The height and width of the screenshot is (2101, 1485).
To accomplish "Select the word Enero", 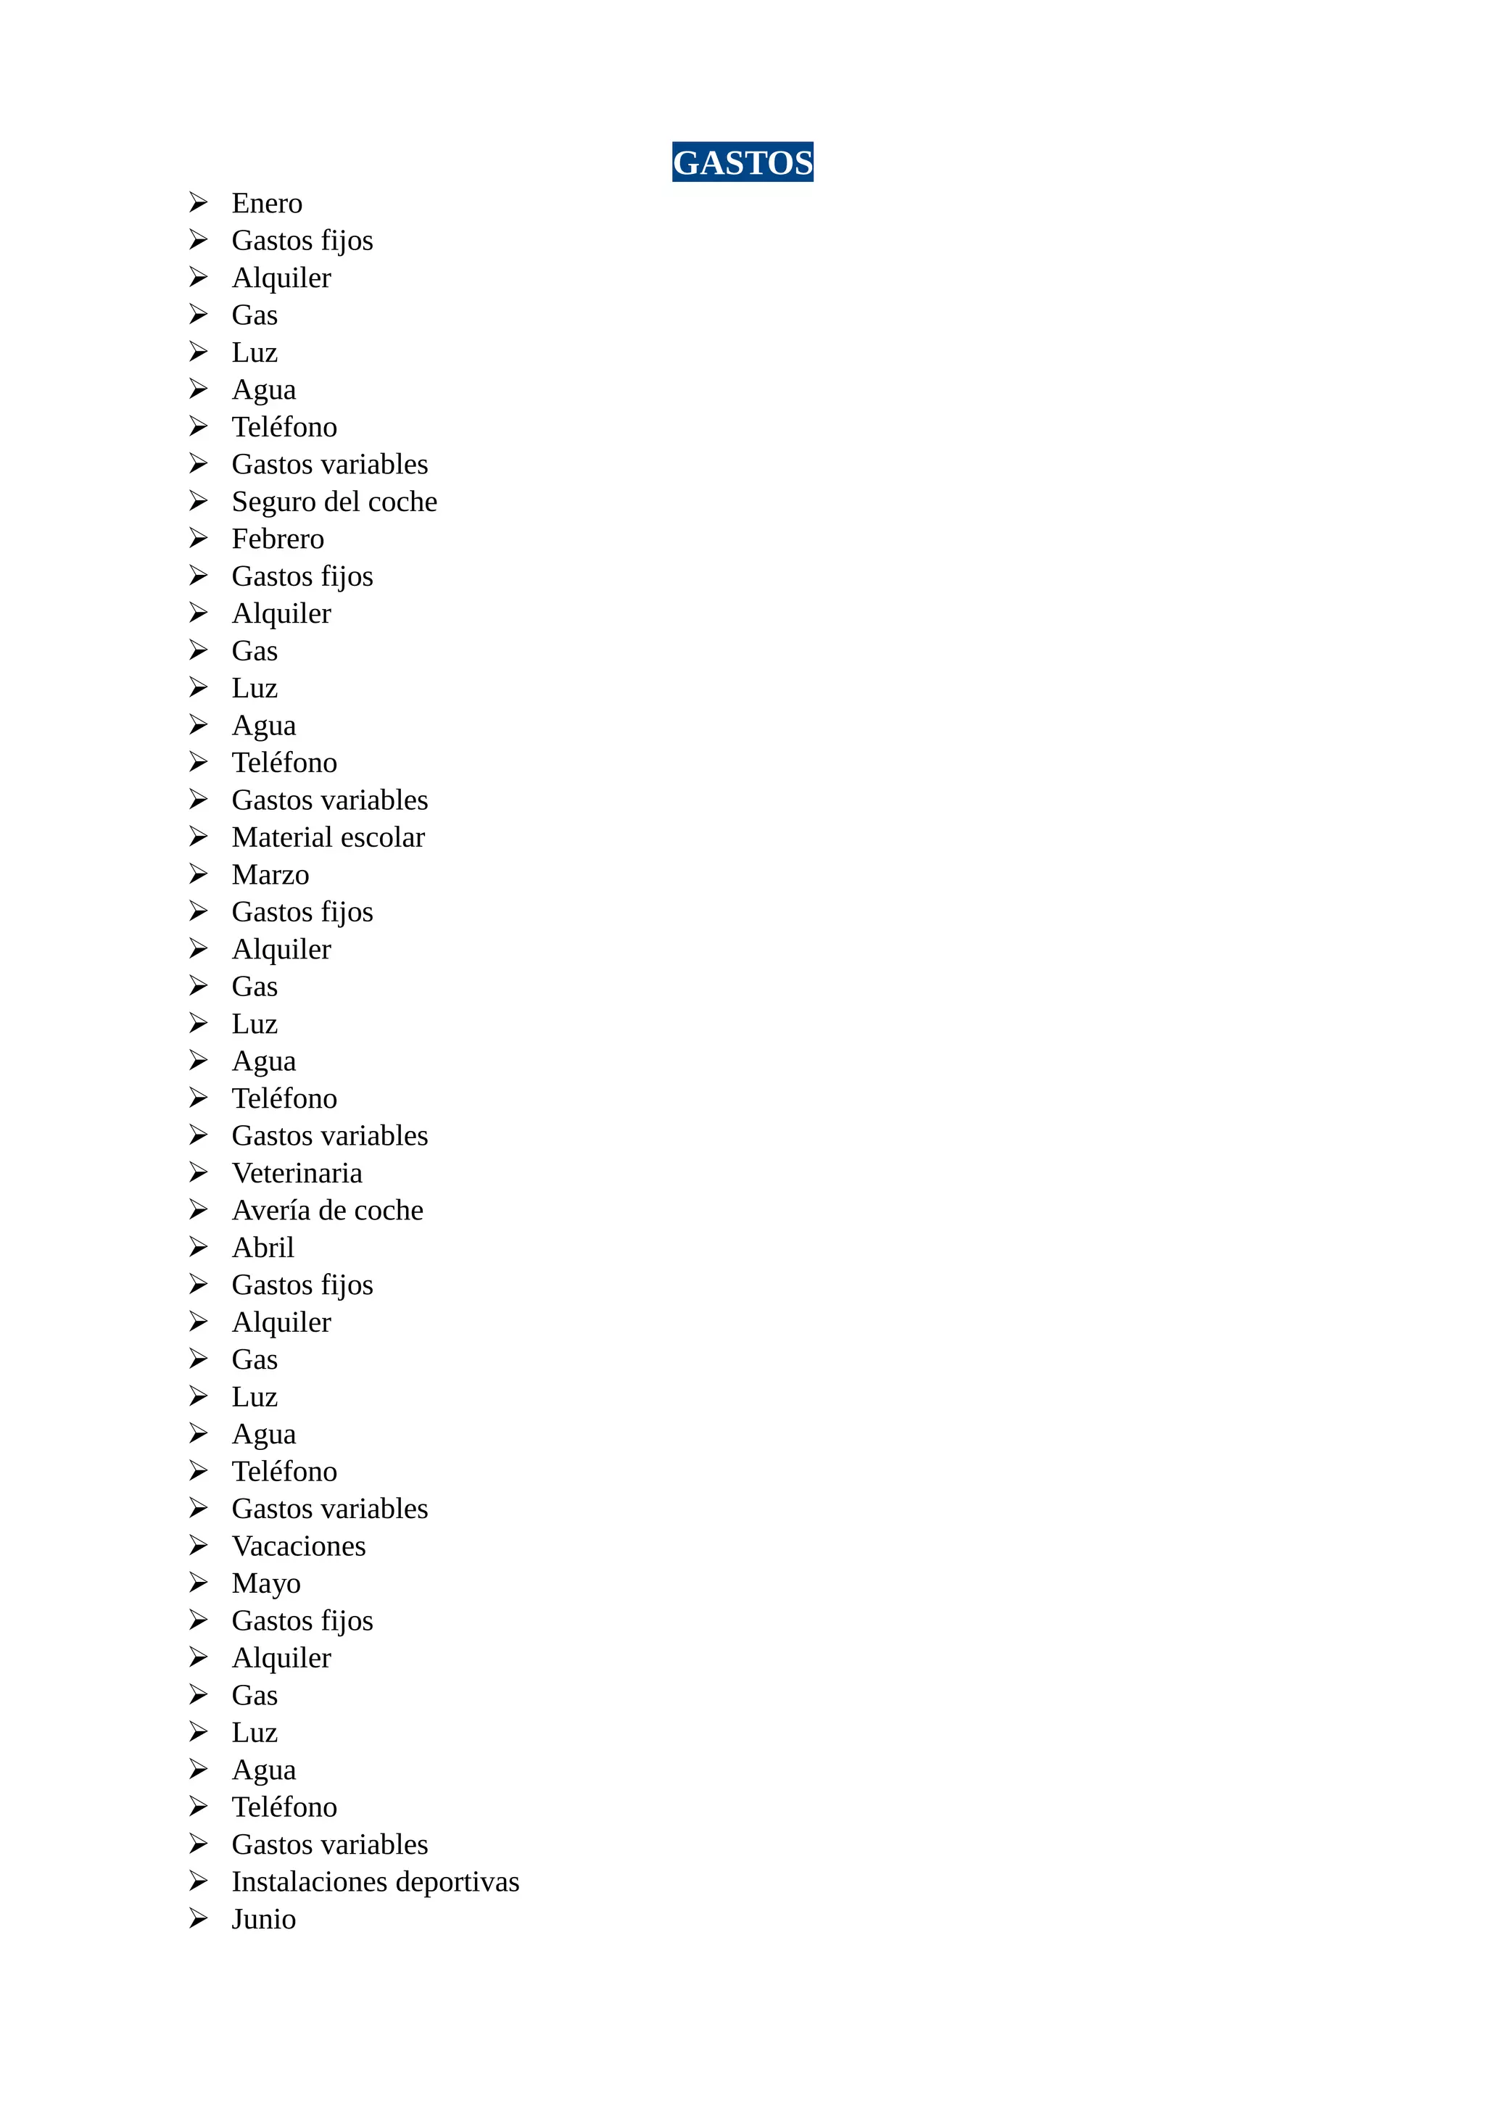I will (266, 202).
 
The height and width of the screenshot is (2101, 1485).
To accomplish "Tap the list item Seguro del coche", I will (334, 502).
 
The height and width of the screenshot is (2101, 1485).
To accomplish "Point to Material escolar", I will (328, 837).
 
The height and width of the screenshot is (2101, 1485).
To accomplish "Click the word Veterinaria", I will (297, 1173).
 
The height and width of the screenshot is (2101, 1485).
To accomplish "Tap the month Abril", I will (262, 1248).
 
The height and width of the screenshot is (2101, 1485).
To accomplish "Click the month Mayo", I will (265, 1584).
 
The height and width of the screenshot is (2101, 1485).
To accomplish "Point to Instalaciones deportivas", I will (375, 1882).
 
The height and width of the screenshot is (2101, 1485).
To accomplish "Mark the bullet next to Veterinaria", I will (198, 1172).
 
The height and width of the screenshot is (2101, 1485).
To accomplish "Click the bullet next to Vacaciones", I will (198, 1546).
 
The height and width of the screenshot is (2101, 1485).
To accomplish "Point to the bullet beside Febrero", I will (198, 538).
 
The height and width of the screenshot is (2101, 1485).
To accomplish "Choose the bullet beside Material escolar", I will (198, 837).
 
